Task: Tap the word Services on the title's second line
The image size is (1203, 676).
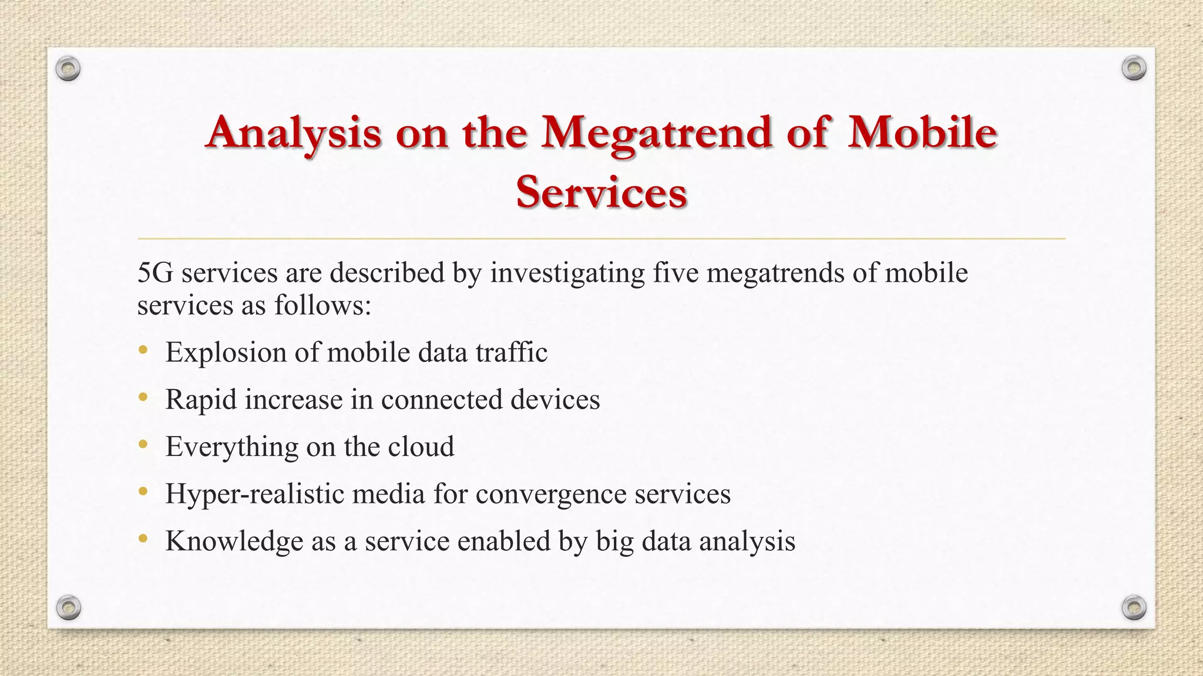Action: [601, 192]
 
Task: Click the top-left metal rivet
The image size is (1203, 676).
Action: [68, 69]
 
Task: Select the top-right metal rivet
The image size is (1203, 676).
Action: [1134, 69]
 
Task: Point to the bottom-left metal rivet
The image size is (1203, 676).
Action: [68, 607]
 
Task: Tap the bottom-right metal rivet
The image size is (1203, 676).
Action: [1134, 607]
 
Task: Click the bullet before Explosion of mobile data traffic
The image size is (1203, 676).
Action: [143, 351]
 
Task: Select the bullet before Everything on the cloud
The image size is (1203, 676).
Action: [143, 445]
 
